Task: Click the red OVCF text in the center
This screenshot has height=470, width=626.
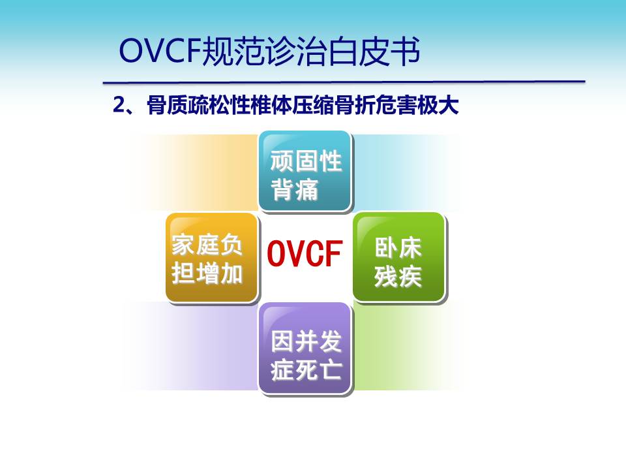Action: click(x=305, y=253)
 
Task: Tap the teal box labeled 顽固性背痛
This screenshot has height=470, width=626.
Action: click(x=305, y=171)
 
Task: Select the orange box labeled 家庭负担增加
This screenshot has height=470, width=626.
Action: click(x=211, y=257)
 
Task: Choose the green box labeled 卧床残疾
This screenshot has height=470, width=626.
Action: click(x=399, y=257)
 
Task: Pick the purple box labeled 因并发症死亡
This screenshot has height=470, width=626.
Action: click(x=305, y=348)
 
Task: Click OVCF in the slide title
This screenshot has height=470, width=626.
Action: click(x=159, y=51)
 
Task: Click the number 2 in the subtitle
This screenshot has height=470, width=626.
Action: click(x=119, y=105)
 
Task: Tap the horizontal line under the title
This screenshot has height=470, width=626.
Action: click(x=344, y=82)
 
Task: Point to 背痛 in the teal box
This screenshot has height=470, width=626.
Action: click(x=295, y=189)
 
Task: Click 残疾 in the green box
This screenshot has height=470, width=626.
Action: click(x=398, y=275)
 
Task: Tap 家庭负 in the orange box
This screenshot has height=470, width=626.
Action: click(x=207, y=245)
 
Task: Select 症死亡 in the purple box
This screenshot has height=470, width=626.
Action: click(x=306, y=369)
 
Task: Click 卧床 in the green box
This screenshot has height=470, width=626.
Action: click(x=398, y=247)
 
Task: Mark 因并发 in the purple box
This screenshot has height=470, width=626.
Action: click(x=306, y=341)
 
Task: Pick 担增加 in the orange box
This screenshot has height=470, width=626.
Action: click(x=207, y=274)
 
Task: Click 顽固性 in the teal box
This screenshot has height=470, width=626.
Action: click(x=306, y=161)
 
